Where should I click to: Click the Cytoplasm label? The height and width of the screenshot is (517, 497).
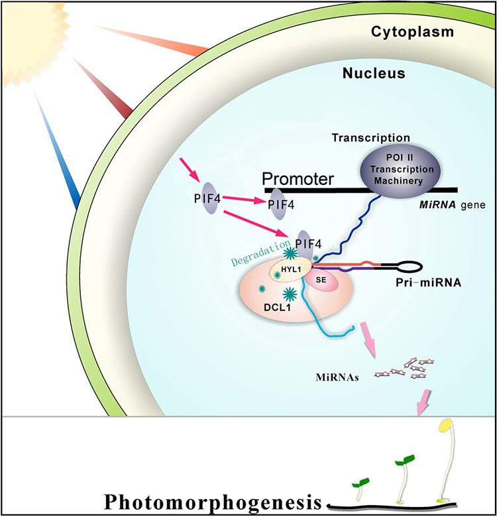[x=412, y=32]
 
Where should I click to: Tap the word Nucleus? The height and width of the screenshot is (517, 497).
[x=374, y=73]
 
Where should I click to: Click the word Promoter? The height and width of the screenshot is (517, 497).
[x=298, y=179]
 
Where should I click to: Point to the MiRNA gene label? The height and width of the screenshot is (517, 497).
[x=452, y=205]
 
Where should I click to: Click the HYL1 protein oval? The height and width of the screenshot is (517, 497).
[x=291, y=269]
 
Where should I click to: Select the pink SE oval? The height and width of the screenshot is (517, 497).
[x=321, y=280]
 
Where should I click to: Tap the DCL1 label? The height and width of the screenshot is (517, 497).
[x=277, y=308]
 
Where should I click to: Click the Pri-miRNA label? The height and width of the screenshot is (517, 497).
[x=428, y=282]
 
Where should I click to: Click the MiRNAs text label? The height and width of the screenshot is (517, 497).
[x=337, y=377]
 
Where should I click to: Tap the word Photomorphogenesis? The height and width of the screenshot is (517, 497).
[x=213, y=502]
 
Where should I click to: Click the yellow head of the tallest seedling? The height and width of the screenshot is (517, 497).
[x=445, y=425]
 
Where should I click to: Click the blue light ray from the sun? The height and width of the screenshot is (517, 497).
[x=58, y=152]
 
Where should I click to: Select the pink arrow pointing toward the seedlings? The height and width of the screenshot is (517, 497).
[x=423, y=402]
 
